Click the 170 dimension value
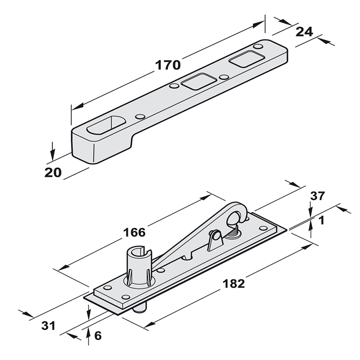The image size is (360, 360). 168,65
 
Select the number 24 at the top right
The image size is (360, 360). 304,31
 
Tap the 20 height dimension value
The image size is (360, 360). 53,172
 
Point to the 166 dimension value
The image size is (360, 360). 134,232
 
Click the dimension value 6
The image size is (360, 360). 99,335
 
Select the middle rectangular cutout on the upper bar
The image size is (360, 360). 194,81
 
